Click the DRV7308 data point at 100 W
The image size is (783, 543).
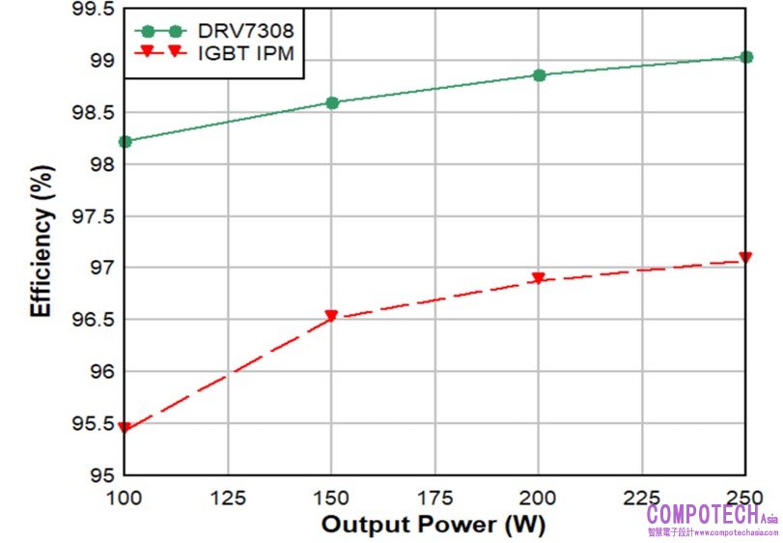pos(126,141)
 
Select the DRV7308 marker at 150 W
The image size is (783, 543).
pos(332,102)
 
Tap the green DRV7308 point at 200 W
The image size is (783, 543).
pos(539,74)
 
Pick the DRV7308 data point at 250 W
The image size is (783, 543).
pos(745,57)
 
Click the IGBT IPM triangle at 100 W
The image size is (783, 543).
pos(126,428)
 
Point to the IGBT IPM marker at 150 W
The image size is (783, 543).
pos(332,316)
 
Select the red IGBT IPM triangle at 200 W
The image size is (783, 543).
pos(539,278)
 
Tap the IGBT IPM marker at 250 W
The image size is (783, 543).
pos(745,258)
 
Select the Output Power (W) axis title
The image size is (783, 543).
pos(433,525)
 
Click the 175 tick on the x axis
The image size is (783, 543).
pos(434,498)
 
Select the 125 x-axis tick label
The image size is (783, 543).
pos(228,498)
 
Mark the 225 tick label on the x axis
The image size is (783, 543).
pos(641,498)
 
